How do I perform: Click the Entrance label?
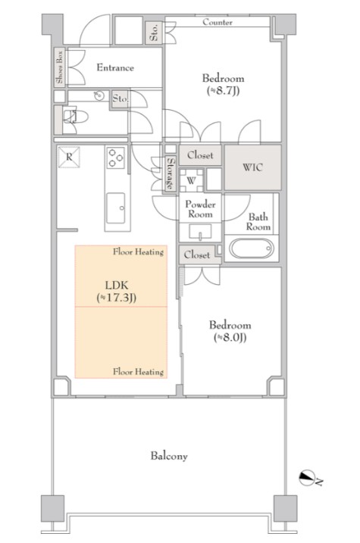pyautogui.click(x=115, y=67)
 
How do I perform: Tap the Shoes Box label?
pyautogui.click(x=60, y=67)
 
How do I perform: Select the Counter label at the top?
pyautogui.click(x=218, y=22)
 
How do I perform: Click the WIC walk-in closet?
pyautogui.click(x=252, y=167)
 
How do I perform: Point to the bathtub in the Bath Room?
pyautogui.click(x=251, y=248)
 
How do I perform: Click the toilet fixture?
pyautogui.click(x=75, y=117)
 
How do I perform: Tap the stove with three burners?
pyautogui.click(x=115, y=158)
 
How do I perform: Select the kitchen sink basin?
pyautogui.click(x=116, y=208)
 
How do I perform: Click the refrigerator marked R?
pyautogui.click(x=69, y=158)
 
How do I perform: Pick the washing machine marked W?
pyautogui.click(x=191, y=180)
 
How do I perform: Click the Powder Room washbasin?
pyautogui.click(x=200, y=232)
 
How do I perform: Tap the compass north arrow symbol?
pyautogui.click(x=307, y=478)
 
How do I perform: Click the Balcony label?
pyautogui.click(x=169, y=456)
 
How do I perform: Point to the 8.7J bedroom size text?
pyautogui.click(x=224, y=91)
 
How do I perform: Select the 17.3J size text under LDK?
pyautogui.click(x=117, y=298)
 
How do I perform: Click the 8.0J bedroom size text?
pyautogui.click(x=230, y=337)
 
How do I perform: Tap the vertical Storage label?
pyautogui.click(x=170, y=173)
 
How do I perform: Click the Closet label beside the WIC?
pyautogui.click(x=200, y=155)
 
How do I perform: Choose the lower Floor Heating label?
pyautogui.click(x=138, y=372)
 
